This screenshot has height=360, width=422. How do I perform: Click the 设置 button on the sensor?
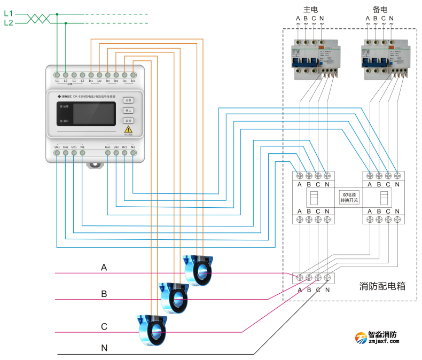(128, 100)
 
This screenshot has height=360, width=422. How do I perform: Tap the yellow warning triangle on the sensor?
(128, 129)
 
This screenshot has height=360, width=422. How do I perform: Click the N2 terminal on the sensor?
(133, 153)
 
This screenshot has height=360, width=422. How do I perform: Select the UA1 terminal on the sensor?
(57, 153)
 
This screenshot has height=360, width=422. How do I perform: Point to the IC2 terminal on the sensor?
(133, 75)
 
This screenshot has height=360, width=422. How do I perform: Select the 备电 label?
(380, 10)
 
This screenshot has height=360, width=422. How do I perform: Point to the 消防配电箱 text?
(381, 286)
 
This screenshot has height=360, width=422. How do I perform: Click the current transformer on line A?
(198, 270)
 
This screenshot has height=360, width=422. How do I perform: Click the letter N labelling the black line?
(104, 348)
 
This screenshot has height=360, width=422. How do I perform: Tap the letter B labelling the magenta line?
(104, 293)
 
